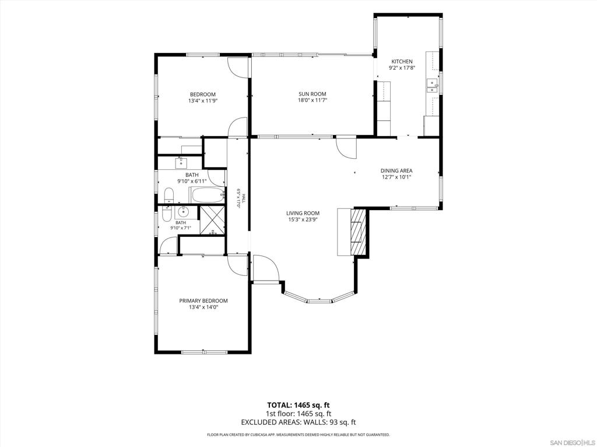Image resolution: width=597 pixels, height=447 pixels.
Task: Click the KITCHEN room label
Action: click(x=402, y=62)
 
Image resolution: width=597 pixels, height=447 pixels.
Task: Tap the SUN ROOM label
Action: click(x=312, y=94)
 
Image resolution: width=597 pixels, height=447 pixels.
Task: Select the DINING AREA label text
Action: click(x=396, y=171)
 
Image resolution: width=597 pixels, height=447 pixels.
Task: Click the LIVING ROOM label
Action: click(x=303, y=213)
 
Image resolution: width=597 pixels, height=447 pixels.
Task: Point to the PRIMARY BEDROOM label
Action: click(x=203, y=301)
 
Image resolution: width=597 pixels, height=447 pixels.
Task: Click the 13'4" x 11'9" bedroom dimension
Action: click(x=203, y=101)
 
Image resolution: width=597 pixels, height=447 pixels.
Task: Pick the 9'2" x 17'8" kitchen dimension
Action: click(x=402, y=68)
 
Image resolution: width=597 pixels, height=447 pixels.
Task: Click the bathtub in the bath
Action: click(x=207, y=196)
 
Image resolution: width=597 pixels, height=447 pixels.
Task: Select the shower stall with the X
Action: click(x=212, y=220)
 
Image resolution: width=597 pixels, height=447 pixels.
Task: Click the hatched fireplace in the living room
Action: click(x=358, y=232)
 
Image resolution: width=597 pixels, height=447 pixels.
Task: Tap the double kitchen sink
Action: click(x=432, y=86)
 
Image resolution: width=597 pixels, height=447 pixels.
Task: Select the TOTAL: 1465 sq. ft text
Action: click(x=298, y=405)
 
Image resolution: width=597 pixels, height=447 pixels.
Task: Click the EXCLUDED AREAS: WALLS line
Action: click(x=298, y=422)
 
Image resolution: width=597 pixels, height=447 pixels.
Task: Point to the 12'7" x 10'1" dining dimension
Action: click(x=396, y=177)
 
